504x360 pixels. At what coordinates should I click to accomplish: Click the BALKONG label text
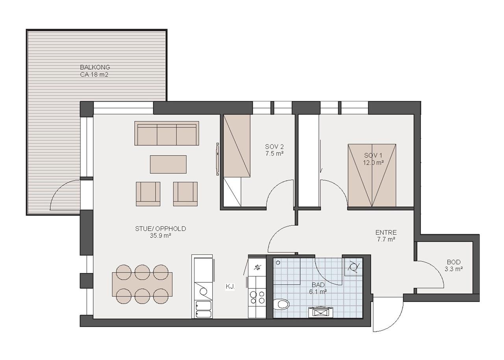tap(95, 67)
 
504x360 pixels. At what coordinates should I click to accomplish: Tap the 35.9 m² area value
tap(161, 236)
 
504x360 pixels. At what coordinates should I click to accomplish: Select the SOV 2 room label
tap(274, 147)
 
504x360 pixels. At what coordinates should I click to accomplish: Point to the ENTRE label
tap(386, 232)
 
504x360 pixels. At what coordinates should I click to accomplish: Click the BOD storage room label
tap(454, 262)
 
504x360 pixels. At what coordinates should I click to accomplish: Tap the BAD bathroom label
tap(319, 285)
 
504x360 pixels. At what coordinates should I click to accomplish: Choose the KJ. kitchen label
tap(230, 287)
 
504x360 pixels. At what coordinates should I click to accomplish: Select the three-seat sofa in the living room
tap(167, 134)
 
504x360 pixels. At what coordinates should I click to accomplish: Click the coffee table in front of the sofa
tap(168, 164)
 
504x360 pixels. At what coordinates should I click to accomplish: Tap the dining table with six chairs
tap(142, 284)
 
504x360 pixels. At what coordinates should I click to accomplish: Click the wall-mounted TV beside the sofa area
tap(218, 159)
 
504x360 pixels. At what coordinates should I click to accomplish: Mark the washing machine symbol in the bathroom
tap(354, 267)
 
